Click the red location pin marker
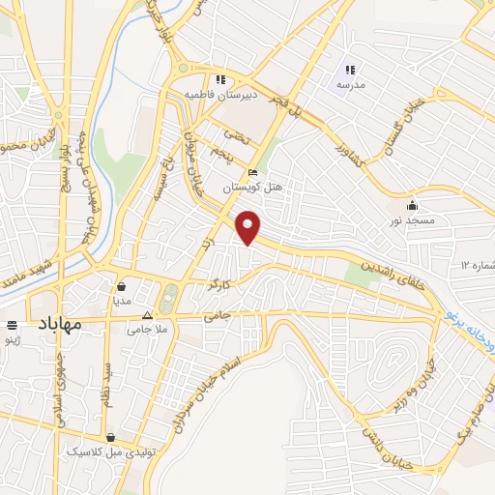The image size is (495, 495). coord(249,228)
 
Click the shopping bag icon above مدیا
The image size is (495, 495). coord(122,286)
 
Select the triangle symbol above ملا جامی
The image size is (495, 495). coord(147,316)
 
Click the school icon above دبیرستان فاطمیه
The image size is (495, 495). coord(220,80)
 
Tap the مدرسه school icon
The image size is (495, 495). coord(351,70)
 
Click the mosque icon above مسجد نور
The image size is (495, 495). coord(413,205)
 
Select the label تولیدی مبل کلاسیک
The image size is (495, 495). coord(109,451)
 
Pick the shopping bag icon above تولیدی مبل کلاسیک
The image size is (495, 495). coord(111,437)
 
